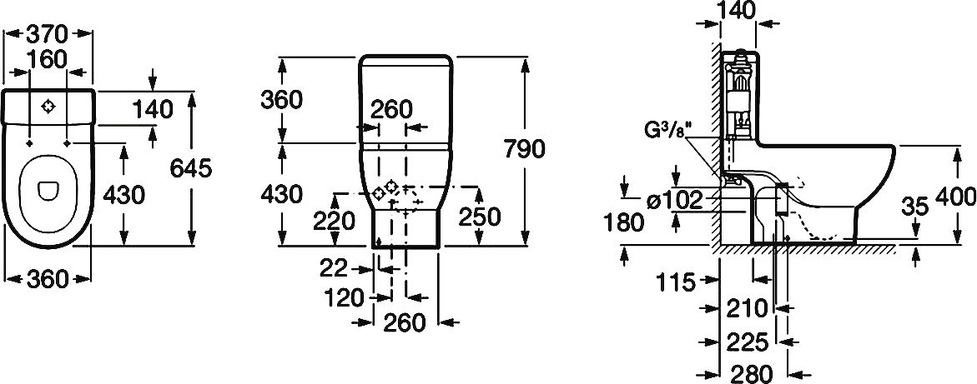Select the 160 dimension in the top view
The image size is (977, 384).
tap(48, 61)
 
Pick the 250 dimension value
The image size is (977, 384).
tap(480, 217)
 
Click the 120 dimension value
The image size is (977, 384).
tap(345, 297)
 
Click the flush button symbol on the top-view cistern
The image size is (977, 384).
tap(49, 106)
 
